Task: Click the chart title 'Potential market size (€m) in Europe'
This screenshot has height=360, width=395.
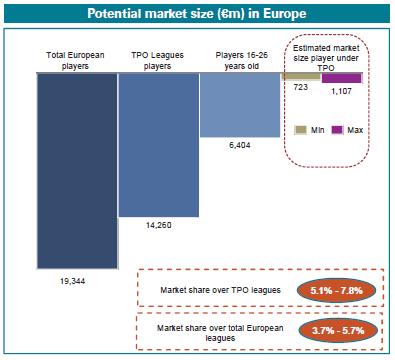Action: click(x=197, y=14)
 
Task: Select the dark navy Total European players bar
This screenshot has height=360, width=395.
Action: click(x=76, y=170)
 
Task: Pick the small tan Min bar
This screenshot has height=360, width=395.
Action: click(x=301, y=76)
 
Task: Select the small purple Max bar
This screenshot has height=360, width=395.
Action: click(x=341, y=76)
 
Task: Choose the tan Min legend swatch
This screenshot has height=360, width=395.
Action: click(x=301, y=129)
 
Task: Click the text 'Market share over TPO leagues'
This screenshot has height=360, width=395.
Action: click(x=220, y=291)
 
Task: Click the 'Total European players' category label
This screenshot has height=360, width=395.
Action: click(x=76, y=60)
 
